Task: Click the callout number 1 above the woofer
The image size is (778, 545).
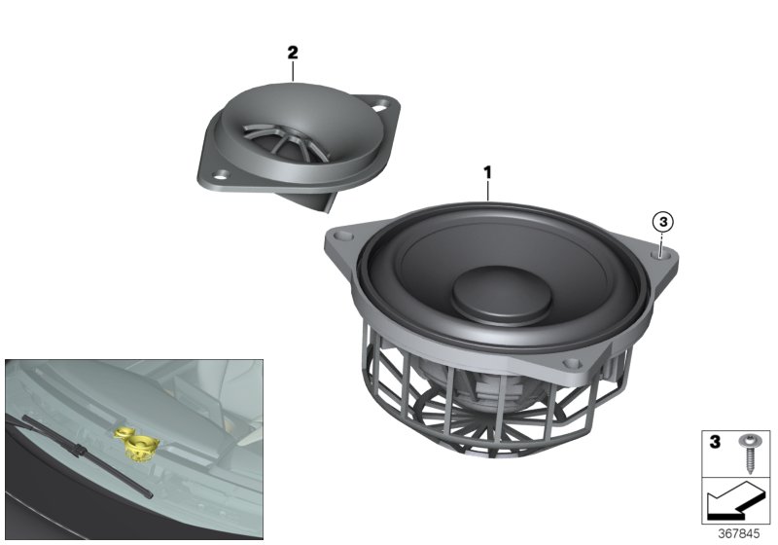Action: click(488, 172)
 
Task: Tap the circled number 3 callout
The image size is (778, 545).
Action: click(663, 222)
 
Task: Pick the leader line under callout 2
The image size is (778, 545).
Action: click(292, 72)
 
